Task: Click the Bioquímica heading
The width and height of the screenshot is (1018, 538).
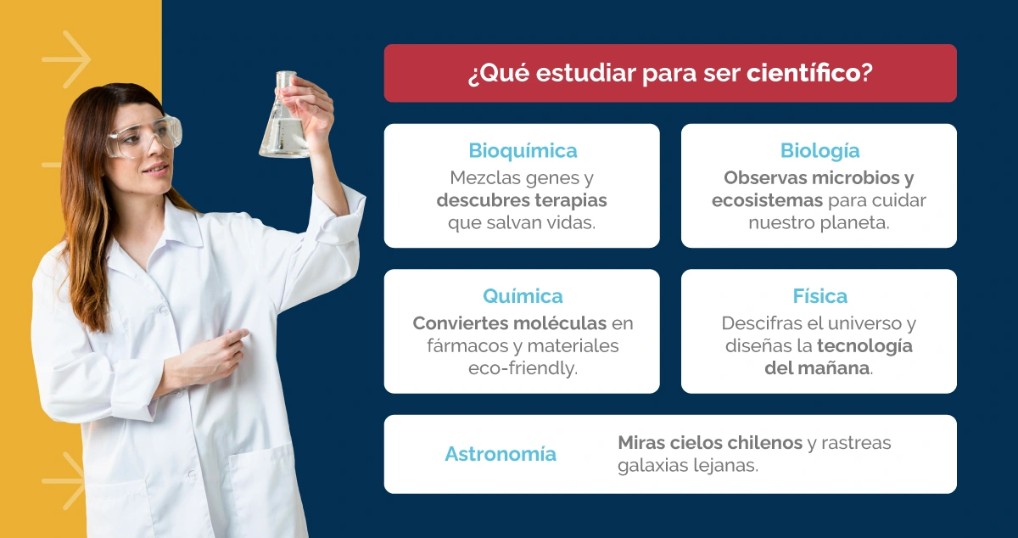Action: (523, 151)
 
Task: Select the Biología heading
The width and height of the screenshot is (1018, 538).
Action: (819, 151)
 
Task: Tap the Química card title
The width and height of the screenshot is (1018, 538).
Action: (523, 296)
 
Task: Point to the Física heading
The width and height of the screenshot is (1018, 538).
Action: (819, 296)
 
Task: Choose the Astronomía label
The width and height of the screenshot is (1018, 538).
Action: (501, 454)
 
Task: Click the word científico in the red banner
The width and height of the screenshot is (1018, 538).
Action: (803, 74)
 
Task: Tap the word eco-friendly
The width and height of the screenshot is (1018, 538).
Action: (523, 369)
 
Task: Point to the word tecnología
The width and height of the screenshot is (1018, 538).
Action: (864, 346)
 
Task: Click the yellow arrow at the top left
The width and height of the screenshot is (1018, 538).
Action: (66, 59)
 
